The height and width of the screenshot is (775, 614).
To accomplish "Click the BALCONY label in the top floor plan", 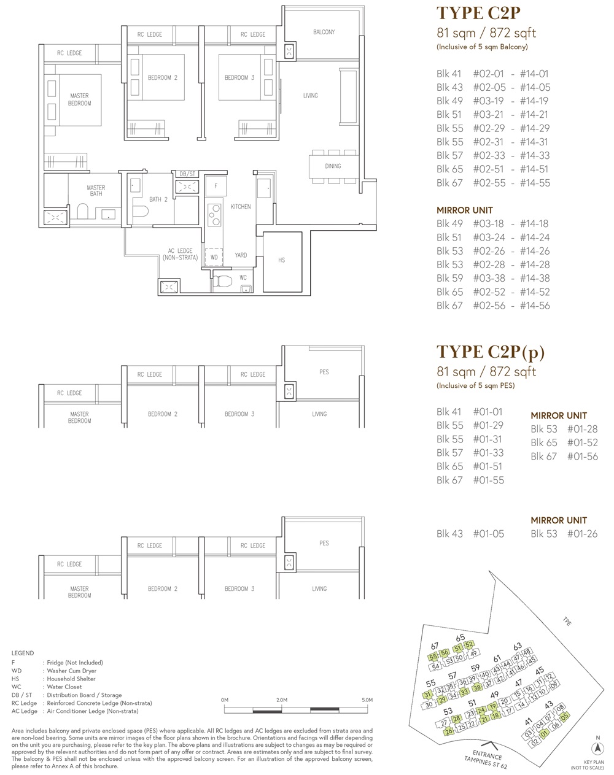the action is click(324, 32).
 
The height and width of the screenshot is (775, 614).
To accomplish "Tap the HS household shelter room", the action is click(282, 262).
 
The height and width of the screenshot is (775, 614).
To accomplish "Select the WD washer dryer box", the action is click(214, 257).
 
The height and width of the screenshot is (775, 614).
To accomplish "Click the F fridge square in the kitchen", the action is click(216, 186).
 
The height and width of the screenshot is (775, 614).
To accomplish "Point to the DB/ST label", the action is click(187, 174).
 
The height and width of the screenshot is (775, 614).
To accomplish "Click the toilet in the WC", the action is click(222, 281).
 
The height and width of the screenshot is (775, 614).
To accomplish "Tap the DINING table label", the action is click(333, 166).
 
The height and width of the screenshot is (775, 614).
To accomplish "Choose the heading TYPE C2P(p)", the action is click(491, 352).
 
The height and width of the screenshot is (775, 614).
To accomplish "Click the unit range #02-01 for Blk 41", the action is click(488, 74).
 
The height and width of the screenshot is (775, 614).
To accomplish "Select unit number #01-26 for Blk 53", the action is click(582, 534).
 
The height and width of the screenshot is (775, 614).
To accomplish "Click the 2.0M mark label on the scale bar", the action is click(282, 700).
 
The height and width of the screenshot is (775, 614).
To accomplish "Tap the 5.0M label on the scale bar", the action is click(367, 700).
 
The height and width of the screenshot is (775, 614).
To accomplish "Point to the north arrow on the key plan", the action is click(598, 749).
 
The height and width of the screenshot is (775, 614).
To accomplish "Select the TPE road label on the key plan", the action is click(567, 621).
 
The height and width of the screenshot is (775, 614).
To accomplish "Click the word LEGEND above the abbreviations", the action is click(23, 653).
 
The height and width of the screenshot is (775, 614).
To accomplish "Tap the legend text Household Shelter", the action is click(71, 679).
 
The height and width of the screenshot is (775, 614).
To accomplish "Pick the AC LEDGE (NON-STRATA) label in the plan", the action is click(180, 254).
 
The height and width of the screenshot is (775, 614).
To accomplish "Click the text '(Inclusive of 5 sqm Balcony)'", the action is click(482, 47).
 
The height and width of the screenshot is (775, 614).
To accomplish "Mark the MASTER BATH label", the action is click(96, 190).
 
